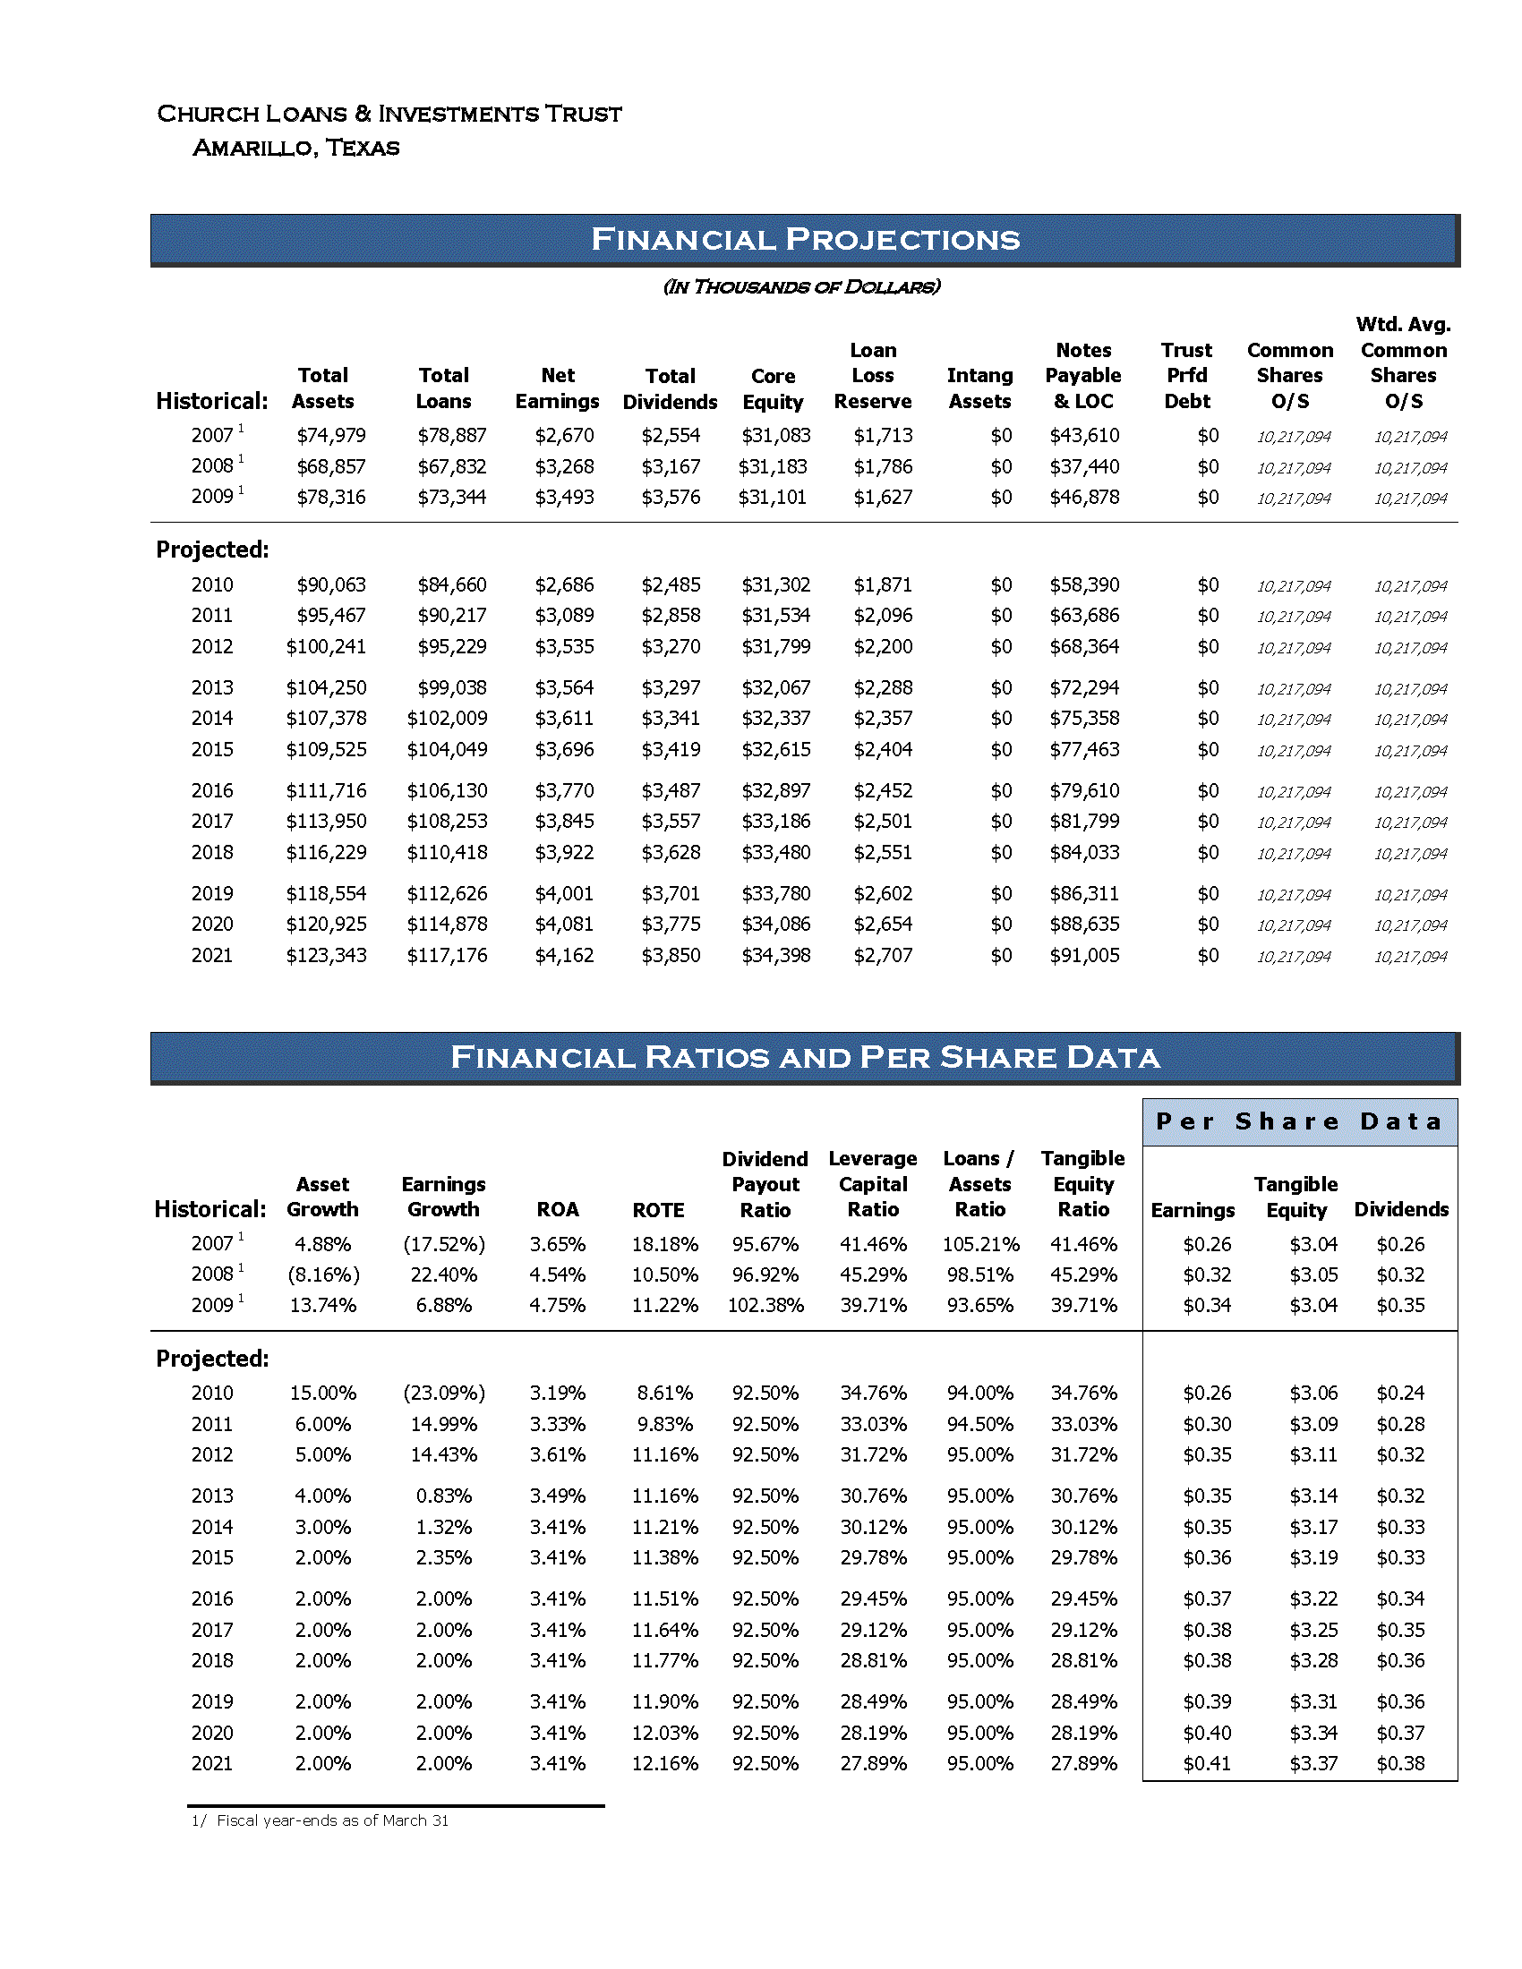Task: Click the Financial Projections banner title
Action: coord(804,239)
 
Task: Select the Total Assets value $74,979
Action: coord(331,436)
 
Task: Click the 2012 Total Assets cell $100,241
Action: coord(327,646)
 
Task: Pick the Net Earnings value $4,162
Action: coord(564,955)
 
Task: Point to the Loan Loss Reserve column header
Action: coord(872,376)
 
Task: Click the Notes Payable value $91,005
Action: coord(1084,955)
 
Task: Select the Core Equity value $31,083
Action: coord(775,436)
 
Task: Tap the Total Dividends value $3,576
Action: coord(670,497)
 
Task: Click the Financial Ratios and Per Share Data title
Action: coord(804,1057)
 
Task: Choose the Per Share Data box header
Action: coord(1299,1121)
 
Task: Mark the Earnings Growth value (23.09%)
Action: coord(443,1393)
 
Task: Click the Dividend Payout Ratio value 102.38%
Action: coord(765,1305)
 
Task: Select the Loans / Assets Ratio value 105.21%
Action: coord(980,1244)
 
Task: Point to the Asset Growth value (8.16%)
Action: coord(323,1274)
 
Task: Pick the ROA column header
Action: coord(557,1210)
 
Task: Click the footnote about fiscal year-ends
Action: coord(321,1820)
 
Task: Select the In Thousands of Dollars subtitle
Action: coord(801,286)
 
